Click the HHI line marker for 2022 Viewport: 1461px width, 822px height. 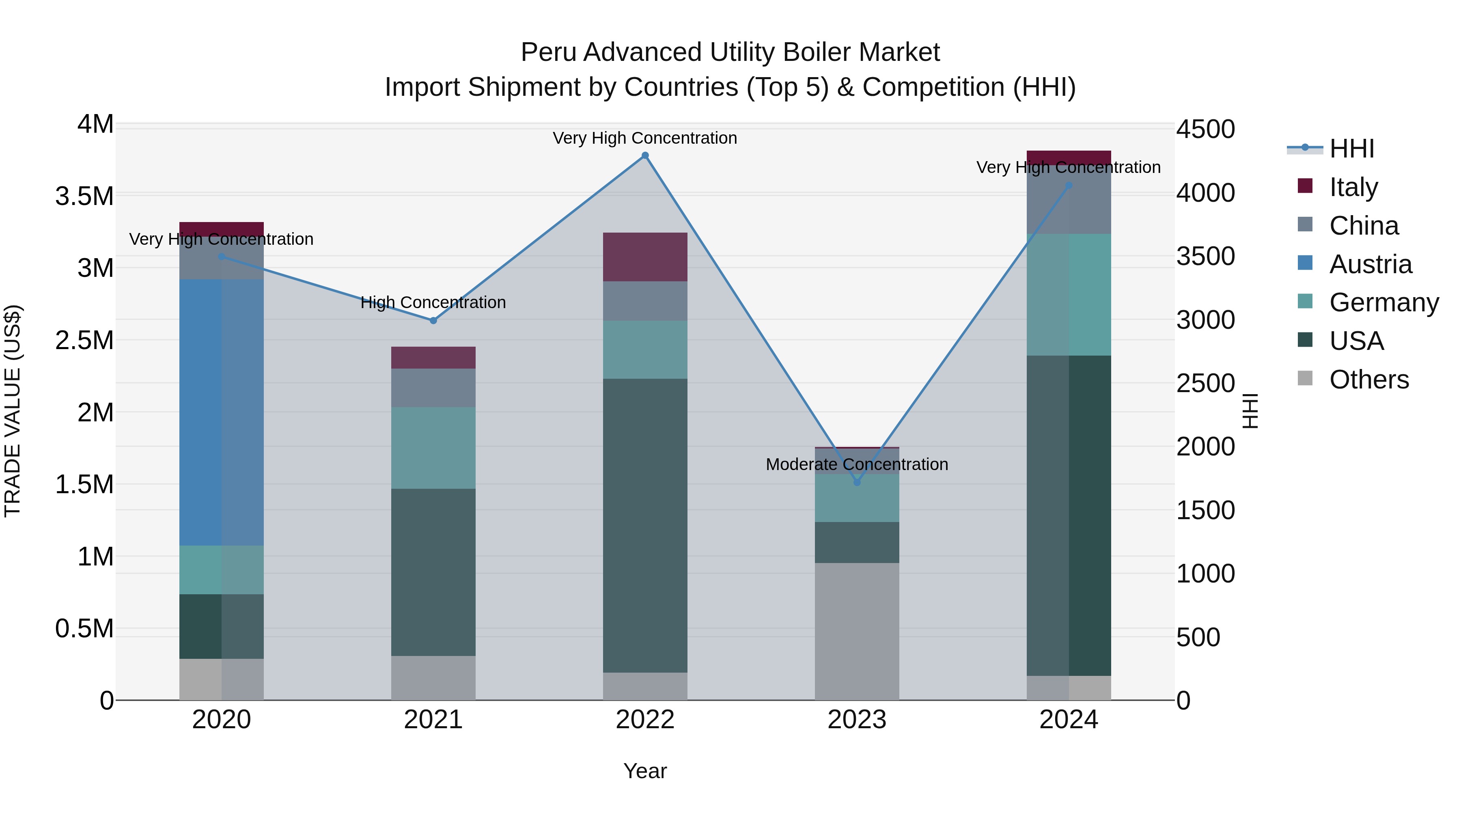[645, 155]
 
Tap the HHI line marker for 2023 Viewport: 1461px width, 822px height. [857, 482]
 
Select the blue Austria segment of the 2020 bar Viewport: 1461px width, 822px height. [221, 412]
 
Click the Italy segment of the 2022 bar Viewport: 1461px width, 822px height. [645, 257]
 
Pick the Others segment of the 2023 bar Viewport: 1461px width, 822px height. [857, 631]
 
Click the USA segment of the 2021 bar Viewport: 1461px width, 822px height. [433, 572]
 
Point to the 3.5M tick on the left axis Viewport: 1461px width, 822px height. [84, 196]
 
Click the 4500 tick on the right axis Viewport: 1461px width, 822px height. [1205, 129]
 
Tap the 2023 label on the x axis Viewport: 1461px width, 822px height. [857, 720]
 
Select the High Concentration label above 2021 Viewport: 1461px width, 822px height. [433, 302]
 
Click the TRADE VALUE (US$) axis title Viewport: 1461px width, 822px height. [13, 411]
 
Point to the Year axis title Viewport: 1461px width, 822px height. [645, 771]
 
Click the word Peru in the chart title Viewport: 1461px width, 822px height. [548, 52]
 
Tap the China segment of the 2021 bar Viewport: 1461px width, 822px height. [433, 388]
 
